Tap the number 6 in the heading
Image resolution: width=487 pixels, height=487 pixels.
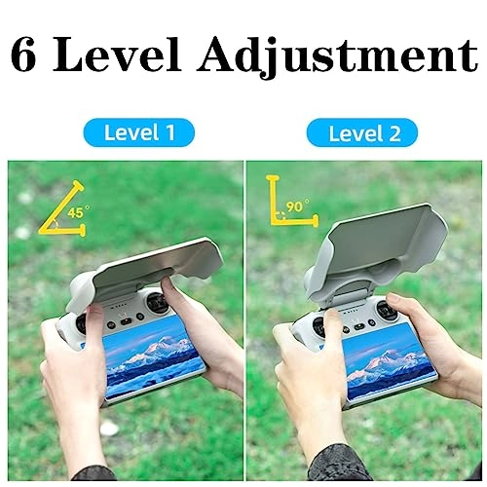pos(22,56)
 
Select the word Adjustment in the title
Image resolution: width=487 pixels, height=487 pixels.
pos(338,57)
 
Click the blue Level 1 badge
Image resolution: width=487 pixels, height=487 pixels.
pos(139,132)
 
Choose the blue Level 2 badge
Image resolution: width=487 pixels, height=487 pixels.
pos(362,132)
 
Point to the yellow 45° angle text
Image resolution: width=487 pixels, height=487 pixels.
pos(78,212)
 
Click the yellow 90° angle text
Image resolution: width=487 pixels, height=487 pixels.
pos(297,206)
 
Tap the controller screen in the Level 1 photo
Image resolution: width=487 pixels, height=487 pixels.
pos(153,357)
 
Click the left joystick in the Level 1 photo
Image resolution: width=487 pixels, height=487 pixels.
pos(81,323)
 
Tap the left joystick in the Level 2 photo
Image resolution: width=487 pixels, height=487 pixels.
pos(318,325)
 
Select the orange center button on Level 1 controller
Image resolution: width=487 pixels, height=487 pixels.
pos(126,321)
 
